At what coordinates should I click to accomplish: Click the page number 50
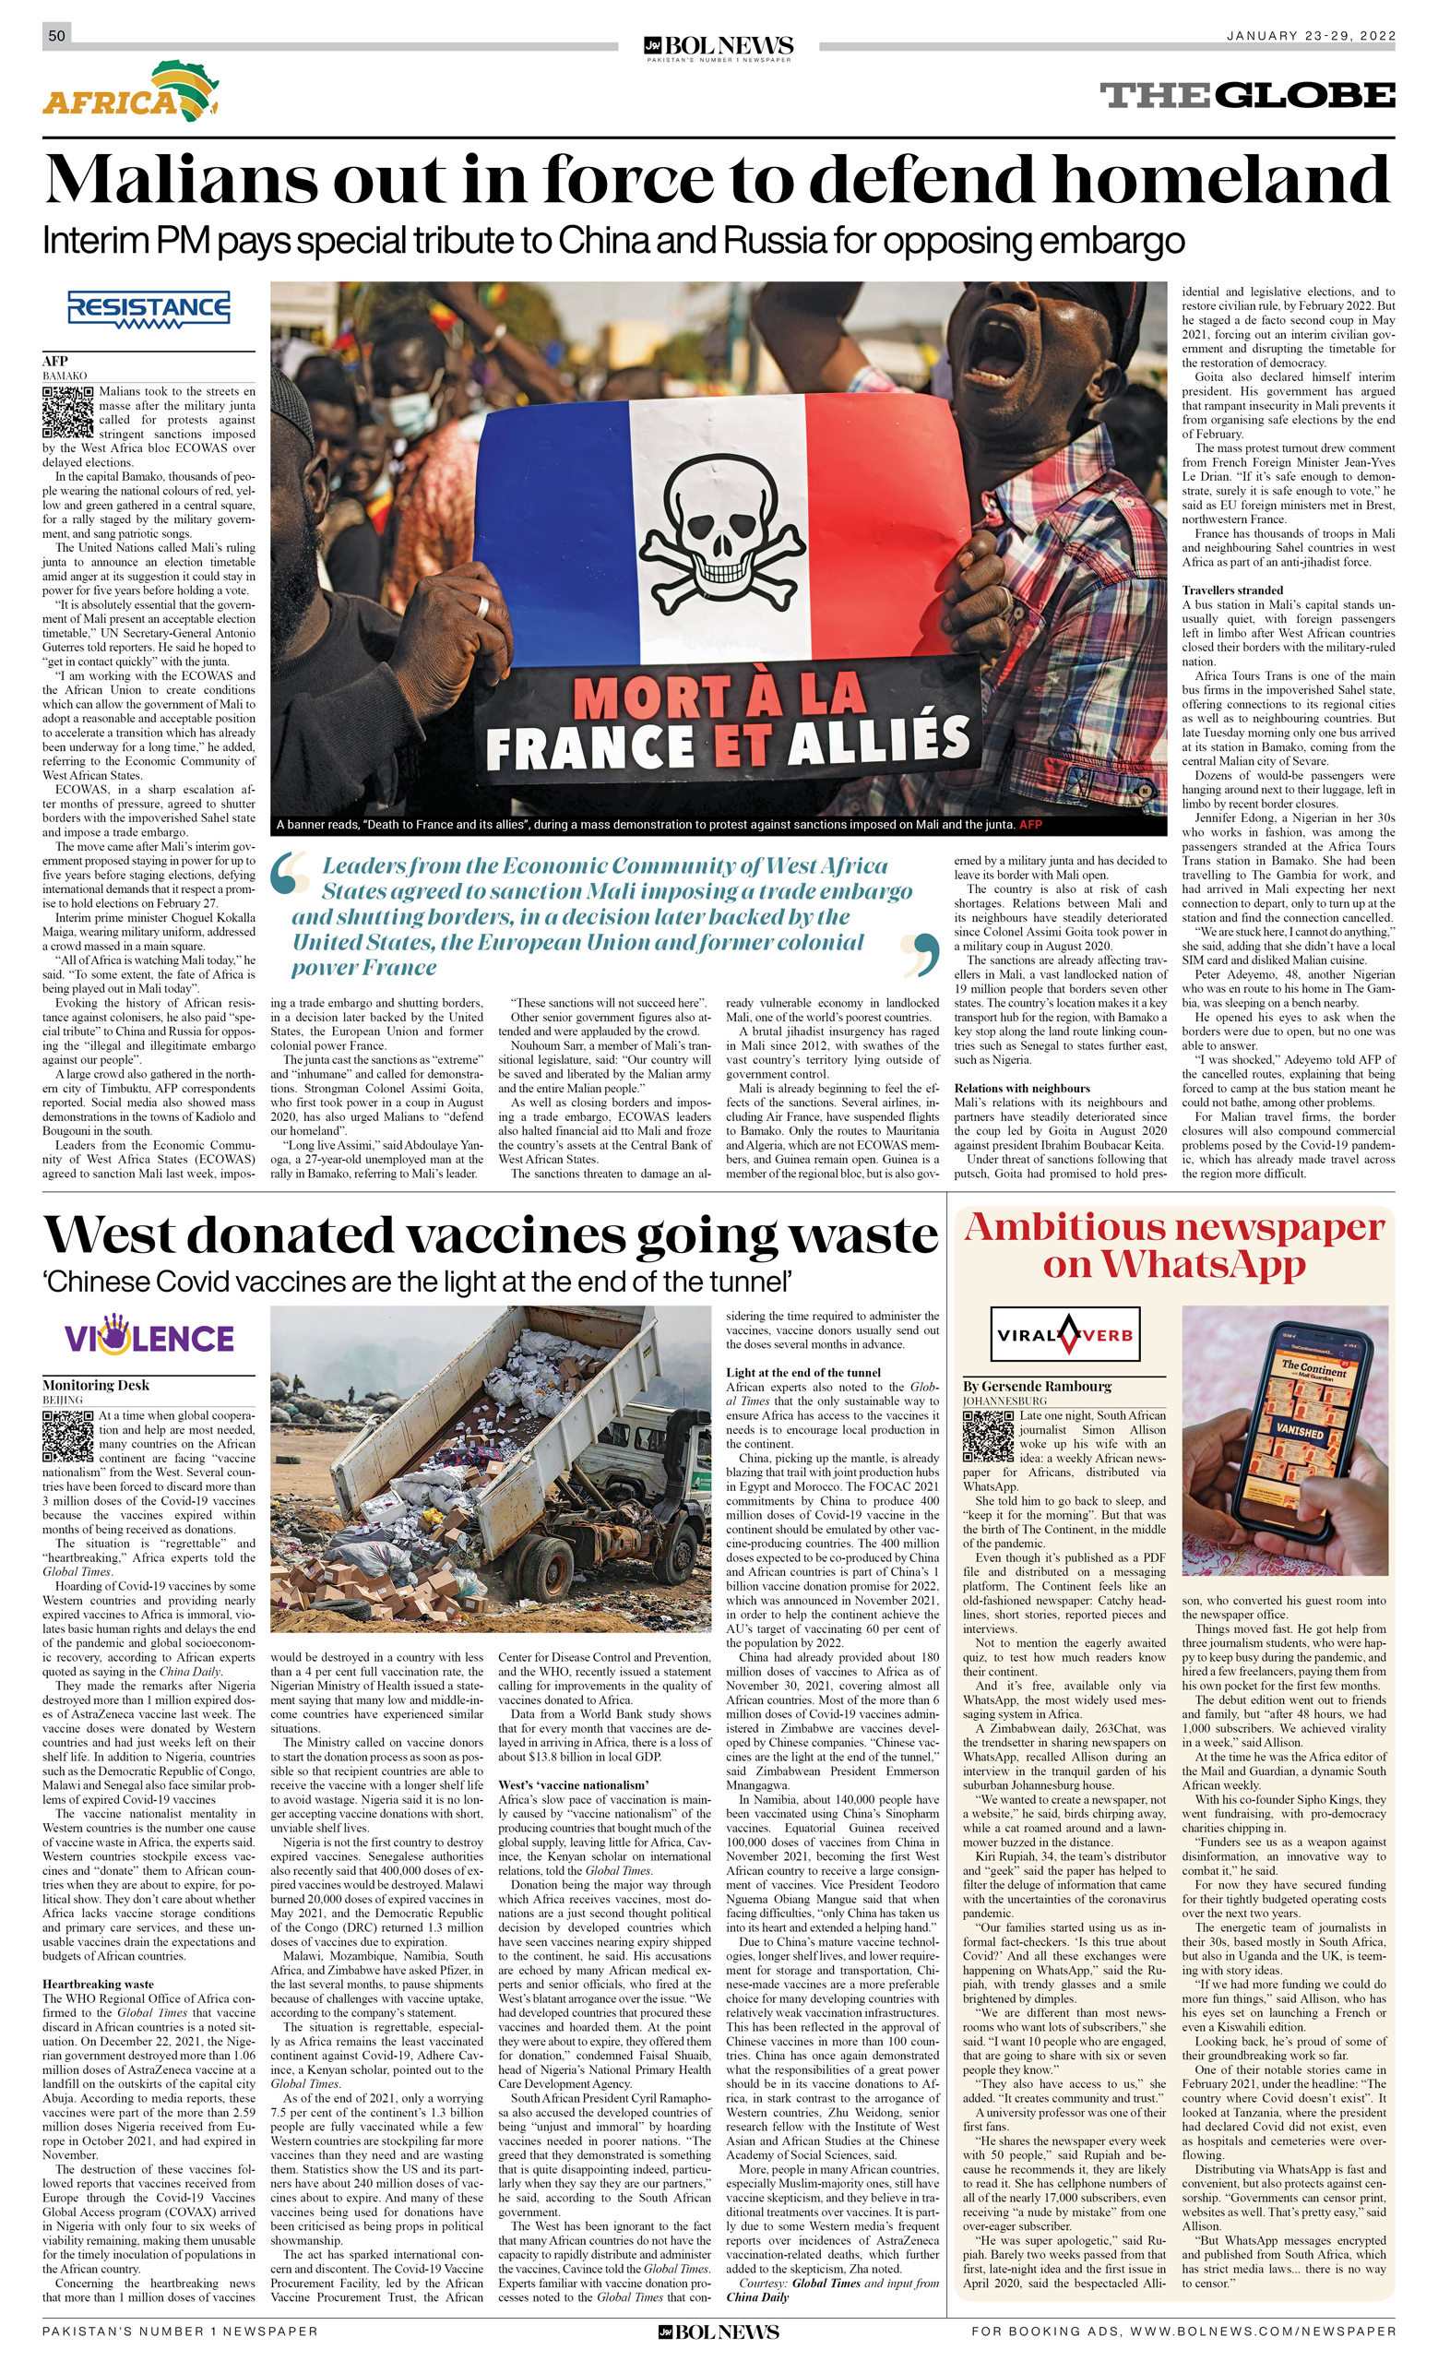click(56, 35)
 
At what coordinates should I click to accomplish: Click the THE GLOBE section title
click(1246, 96)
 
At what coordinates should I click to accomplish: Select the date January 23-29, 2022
click(1311, 35)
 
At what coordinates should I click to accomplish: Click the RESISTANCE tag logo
click(149, 309)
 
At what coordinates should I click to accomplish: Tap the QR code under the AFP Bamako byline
click(68, 411)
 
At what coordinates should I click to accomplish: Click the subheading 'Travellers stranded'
click(1232, 590)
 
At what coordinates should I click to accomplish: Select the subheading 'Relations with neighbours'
click(1021, 1089)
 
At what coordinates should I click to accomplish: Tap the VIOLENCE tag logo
click(149, 1338)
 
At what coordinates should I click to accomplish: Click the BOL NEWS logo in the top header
click(719, 46)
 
